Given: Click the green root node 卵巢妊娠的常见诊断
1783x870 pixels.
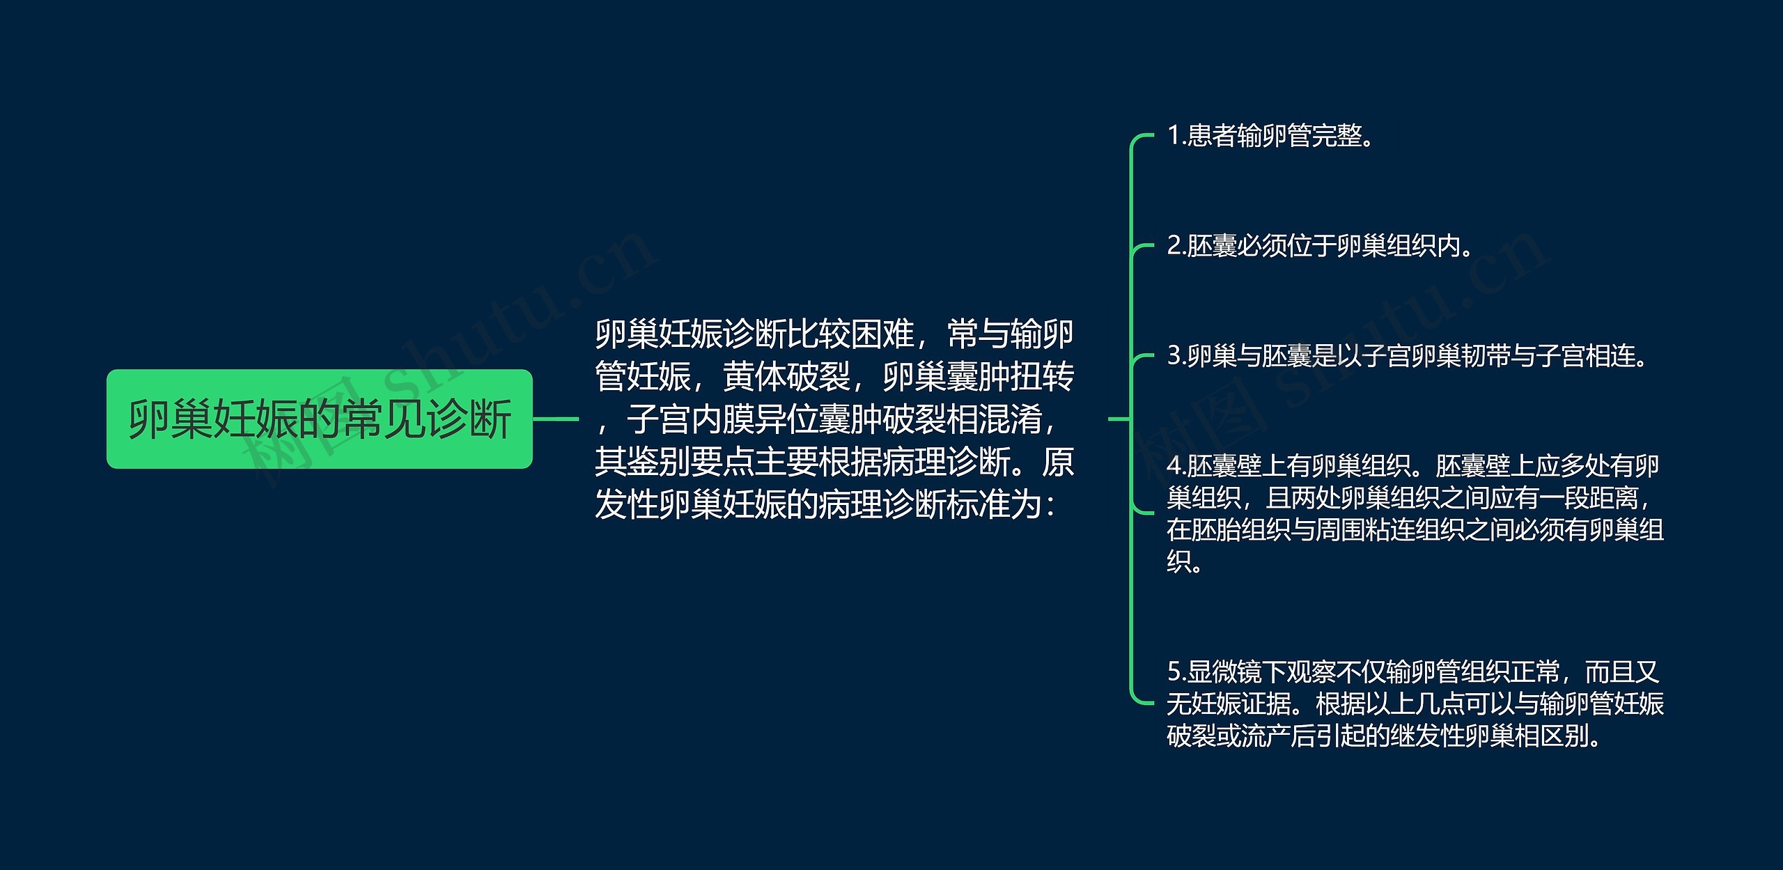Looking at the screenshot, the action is click(320, 419).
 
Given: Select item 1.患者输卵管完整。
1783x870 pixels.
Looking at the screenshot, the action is click(1270, 135).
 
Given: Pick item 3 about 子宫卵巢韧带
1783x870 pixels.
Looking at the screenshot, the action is click(1408, 355).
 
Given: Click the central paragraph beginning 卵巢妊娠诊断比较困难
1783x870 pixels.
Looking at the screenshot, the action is click(834, 419).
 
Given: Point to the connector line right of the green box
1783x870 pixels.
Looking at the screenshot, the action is click(556, 419).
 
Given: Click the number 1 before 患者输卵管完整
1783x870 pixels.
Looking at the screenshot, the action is click(1174, 135).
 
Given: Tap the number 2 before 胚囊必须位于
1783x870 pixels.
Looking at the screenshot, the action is click(1174, 245).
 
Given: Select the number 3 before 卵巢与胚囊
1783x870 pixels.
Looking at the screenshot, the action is click(1174, 355).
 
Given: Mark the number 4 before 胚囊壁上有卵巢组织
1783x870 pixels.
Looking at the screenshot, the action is click(1174, 465).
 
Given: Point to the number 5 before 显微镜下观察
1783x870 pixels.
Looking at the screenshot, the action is click(1174, 671).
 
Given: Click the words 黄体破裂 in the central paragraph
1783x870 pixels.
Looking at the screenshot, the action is click(787, 377).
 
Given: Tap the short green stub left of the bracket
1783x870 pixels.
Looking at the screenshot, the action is click(1119, 419).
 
